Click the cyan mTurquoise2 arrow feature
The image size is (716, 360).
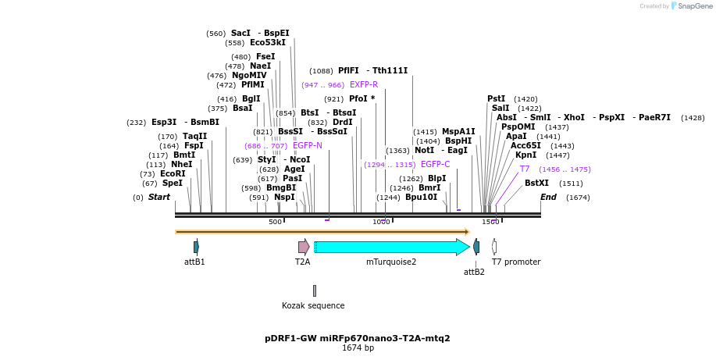[x=390, y=248]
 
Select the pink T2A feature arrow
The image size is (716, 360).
[x=304, y=248]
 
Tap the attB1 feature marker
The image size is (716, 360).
[x=196, y=247]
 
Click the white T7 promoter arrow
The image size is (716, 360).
[x=494, y=247]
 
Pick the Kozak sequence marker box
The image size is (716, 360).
[x=315, y=290]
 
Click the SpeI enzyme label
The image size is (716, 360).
[x=172, y=184]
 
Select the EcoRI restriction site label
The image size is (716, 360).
[x=173, y=174]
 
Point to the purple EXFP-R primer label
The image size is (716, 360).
[x=364, y=85]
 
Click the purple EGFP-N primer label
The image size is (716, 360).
[x=307, y=146]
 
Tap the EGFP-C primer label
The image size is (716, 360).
[x=435, y=165]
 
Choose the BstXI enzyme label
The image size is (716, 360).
[x=536, y=184]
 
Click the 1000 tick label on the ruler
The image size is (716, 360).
[x=381, y=223]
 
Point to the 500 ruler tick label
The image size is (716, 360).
[x=275, y=223]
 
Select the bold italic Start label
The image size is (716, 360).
[x=159, y=198]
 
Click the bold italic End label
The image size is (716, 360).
[x=548, y=198]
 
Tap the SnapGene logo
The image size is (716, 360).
[x=690, y=6]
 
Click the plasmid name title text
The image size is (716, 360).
[x=358, y=339]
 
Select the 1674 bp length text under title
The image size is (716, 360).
[x=358, y=348]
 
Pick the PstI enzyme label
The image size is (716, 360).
[x=496, y=99]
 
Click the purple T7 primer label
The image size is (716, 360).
[x=525, y=169]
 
